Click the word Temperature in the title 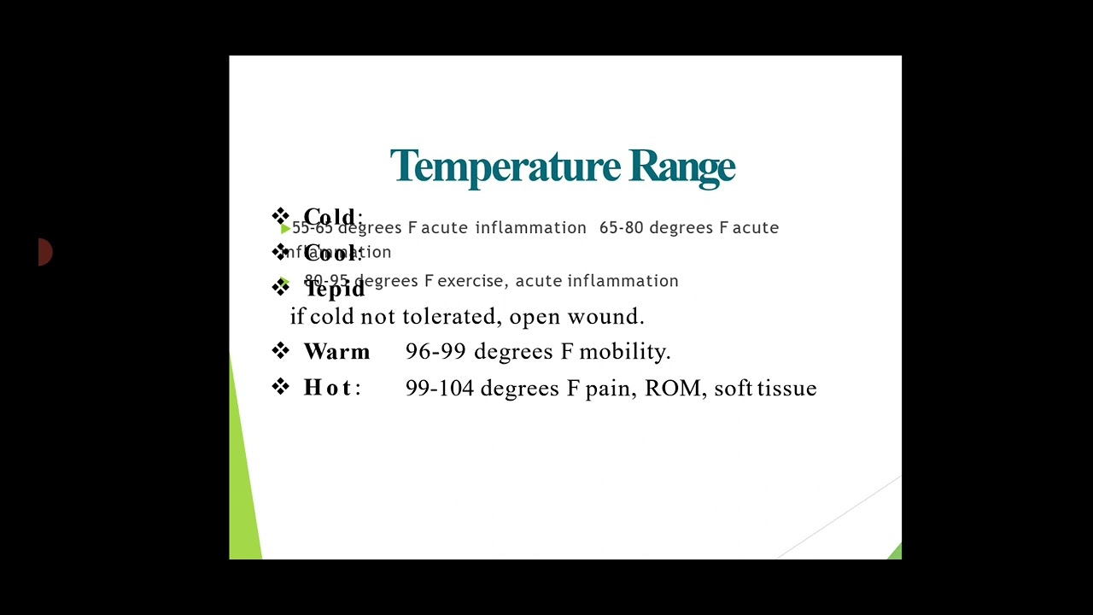coord(506,167)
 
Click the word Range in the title coord(682,167)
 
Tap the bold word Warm coord(336,352)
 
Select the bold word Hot coord(328,388)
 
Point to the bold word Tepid coord(336,290)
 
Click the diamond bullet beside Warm coord(281,351)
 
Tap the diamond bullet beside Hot coord(281,387)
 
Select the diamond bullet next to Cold coord(281,216)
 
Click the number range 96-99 coord(435,352)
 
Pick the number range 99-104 coord(439,389)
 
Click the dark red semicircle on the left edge coord(45,252)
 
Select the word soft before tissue coord(733,389)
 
